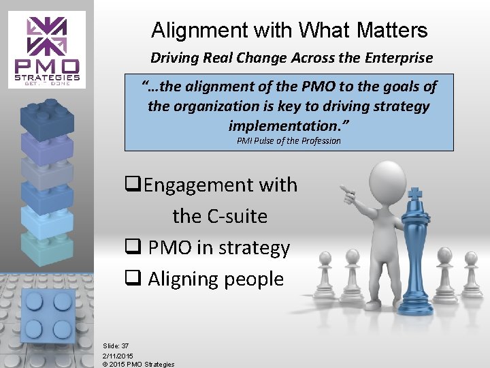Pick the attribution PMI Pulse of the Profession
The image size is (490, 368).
(289, 140)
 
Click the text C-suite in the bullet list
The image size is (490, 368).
(220, 216)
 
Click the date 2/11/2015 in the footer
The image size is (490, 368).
(118, 355)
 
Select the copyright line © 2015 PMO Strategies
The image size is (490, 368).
(138, 364)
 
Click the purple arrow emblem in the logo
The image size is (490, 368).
(47, 37)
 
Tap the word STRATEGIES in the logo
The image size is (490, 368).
(47, 77)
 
